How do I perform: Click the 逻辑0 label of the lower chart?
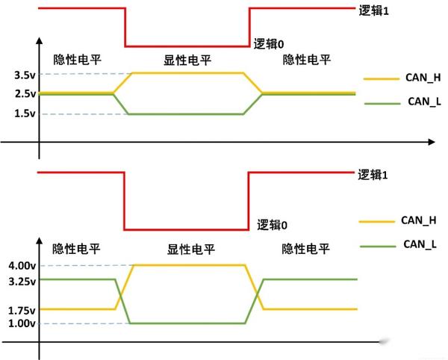[x=272, y=224]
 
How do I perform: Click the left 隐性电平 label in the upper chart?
[x=76, y=60]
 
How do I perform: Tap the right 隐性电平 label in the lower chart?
[x=305, y=249]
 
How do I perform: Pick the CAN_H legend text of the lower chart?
[x=419, y=220]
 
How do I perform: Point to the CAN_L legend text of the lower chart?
[x=419, y=243]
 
